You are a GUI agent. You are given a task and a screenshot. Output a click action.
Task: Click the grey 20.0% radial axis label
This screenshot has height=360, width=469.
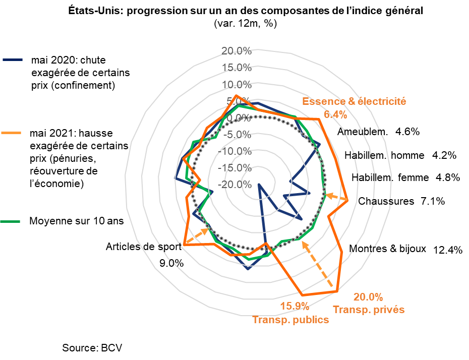tap(236, 50)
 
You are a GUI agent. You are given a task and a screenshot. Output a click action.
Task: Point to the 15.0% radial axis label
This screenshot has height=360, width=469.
tap(236, 67)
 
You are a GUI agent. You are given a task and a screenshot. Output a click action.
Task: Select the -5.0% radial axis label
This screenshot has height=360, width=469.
tap(236, 134)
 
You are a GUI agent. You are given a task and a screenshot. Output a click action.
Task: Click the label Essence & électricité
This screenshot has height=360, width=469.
tap(354, 101)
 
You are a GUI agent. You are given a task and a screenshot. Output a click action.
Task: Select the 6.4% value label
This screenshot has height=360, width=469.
tap(335, 114)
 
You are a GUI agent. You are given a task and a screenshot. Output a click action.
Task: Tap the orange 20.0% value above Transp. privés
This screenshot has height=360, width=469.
tap(368, 296)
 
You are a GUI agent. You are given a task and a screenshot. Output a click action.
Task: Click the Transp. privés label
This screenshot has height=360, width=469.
tap(369, 310)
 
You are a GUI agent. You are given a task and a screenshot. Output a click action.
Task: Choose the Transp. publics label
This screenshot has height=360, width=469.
tap(290, 320)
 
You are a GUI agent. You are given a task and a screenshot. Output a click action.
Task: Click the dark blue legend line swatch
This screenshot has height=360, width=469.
tap(13, 60)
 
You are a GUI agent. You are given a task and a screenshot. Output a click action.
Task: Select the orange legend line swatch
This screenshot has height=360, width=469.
tap(12, 133)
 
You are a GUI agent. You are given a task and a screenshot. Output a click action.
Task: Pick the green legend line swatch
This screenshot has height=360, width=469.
tap(10, 221)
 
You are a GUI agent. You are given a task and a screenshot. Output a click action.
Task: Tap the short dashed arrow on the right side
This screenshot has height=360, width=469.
tap(333, 196)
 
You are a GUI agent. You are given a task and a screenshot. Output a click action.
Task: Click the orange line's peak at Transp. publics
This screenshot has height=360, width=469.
tap(302, 294)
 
